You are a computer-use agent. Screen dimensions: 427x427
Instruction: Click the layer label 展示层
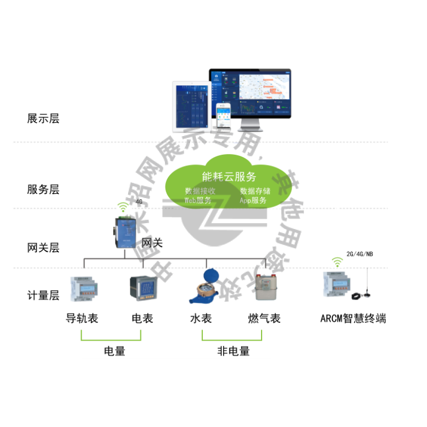(43, 118)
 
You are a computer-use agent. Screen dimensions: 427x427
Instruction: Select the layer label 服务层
(43, 189)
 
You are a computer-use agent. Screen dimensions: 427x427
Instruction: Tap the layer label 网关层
(43, 248)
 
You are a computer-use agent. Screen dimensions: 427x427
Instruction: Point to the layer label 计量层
(43, 295)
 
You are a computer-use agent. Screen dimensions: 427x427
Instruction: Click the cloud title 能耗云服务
(229, 177)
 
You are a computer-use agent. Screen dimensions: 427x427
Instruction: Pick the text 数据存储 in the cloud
(255, 191)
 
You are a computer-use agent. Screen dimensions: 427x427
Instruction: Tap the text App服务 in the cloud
(253, 201)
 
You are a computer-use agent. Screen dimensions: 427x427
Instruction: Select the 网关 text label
(153, 243)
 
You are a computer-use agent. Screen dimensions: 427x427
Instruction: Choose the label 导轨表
(82, 319)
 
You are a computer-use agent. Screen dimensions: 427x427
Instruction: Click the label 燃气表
(264, 319)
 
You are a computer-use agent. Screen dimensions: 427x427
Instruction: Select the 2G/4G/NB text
(360, 254)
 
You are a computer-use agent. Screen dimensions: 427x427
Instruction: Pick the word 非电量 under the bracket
(233, 351)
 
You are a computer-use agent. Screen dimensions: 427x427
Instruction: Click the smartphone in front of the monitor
(223, 116)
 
